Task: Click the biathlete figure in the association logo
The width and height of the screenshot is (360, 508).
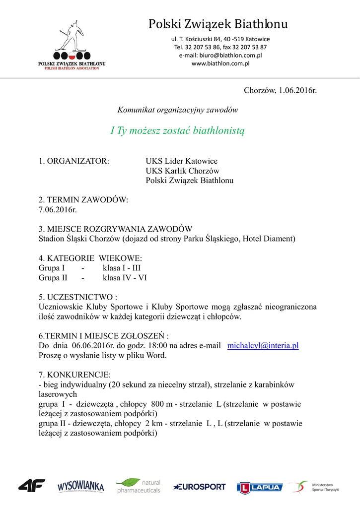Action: tap(72, 36)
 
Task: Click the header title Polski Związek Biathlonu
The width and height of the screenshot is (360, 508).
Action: tap(218, 24)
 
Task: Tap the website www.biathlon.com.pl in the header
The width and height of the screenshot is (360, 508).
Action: tap(220, 63)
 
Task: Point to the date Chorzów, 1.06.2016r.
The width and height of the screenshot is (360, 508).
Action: tap(280, 90)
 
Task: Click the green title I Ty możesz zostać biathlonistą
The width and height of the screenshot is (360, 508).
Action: tap(178, 131)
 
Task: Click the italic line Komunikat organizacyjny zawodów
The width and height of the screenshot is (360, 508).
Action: tap(178, 110)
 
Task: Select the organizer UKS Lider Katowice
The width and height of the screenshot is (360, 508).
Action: tap(181, 161)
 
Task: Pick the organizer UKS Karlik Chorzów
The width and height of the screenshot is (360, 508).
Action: tap(182, 171)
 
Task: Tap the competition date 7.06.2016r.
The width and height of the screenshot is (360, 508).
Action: tap(58, 209)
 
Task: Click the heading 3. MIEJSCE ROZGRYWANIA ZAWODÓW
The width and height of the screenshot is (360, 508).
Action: tap(115, 229)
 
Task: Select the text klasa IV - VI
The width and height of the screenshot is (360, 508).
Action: tap(125, 278)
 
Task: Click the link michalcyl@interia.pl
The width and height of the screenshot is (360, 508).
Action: tap(263, 346)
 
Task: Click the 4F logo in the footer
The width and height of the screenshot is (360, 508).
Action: tap(32, 485)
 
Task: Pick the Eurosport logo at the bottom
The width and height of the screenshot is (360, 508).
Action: tap(200, 487)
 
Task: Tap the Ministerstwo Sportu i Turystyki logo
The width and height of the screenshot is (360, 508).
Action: tap(315, 487)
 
